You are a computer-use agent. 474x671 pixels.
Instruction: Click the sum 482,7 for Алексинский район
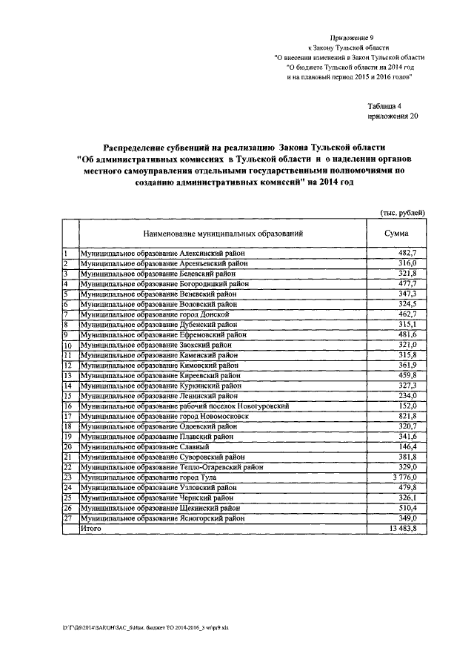tap(407, 254)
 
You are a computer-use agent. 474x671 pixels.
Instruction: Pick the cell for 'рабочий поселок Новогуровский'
tap(184, 406)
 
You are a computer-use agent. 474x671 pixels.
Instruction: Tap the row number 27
tap(67, 519)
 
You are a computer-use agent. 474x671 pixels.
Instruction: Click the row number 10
tap(67, 346)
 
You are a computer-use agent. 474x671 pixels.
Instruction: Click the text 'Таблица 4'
tap(384, 106)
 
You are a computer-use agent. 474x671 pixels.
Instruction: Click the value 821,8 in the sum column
tap(407, 417)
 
